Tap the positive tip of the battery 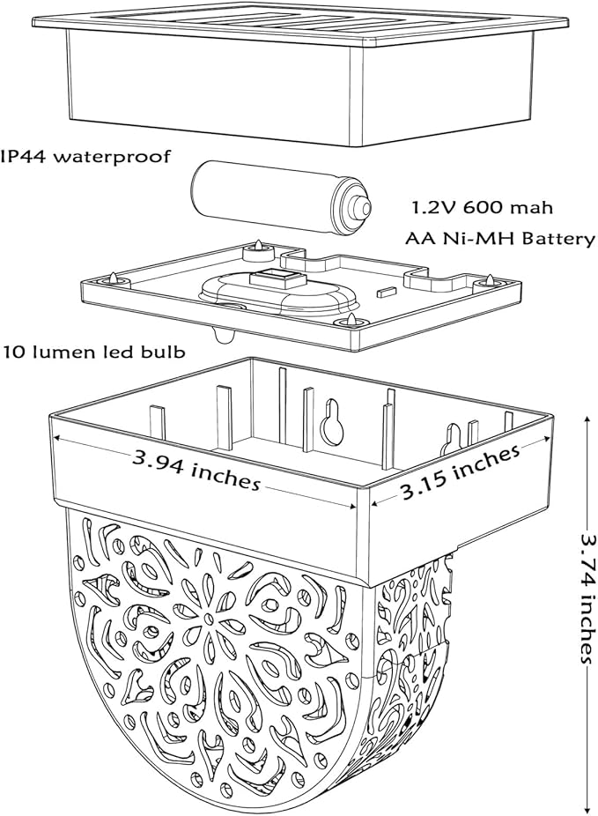click(x=360, y=206)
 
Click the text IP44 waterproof click(x=85, y=157)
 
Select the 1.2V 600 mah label click(x=483, y=208)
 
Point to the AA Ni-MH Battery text click(x=500, y=238)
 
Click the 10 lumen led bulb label click(x=94, y=352)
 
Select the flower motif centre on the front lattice click(x=208, y=619)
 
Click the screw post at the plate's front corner click(x=352, y=321)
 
